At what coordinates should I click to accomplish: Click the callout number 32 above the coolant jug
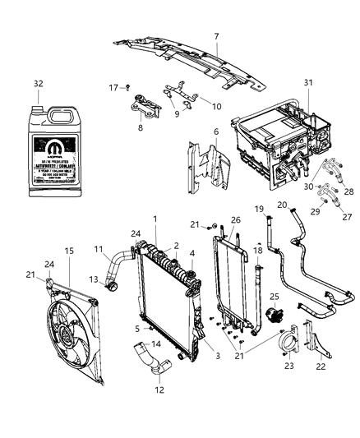[38, 84]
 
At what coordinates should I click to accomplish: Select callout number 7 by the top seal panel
[216, 36]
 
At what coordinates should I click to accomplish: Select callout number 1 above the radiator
[154, 219]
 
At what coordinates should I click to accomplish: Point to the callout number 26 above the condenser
[235, 219]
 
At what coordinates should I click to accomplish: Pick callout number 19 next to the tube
[257, 210]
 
